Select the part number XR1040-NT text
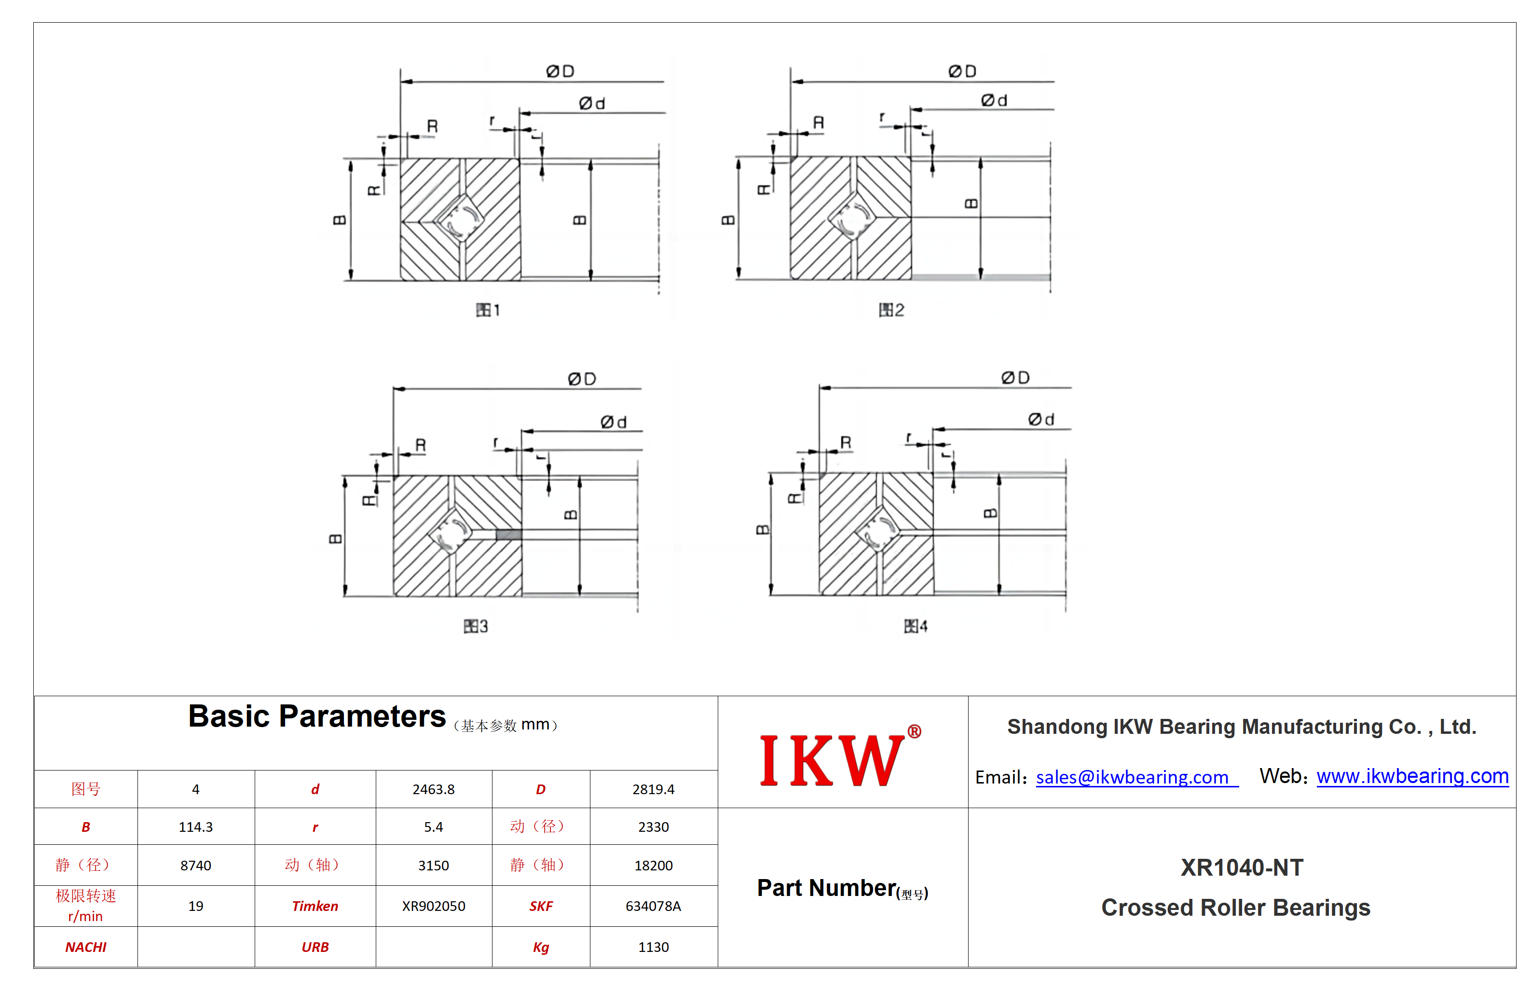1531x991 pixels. pos(1242,867)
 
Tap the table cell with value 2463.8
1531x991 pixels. pos(434,790)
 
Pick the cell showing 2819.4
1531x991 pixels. pos(654,790)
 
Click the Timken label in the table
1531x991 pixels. pos(315,906)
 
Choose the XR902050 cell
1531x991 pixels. pos(434,906)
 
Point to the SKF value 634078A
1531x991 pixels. pos(654,906)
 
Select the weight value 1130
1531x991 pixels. pos(654,947)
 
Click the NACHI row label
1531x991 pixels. pos(85,947)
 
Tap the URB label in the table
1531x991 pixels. pos(315,947)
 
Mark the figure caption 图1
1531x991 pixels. pos(488,310)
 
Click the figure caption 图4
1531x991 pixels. pos(916,626)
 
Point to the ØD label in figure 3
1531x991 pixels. pos(582,379)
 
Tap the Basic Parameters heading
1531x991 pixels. pos(316,716)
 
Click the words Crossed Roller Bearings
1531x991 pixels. pos(1236,908)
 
